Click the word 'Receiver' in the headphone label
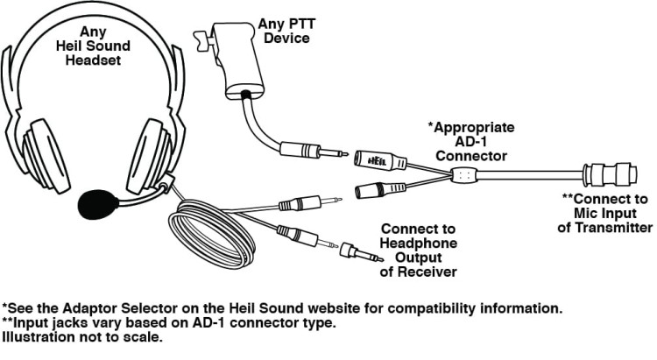pos(424,273)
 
